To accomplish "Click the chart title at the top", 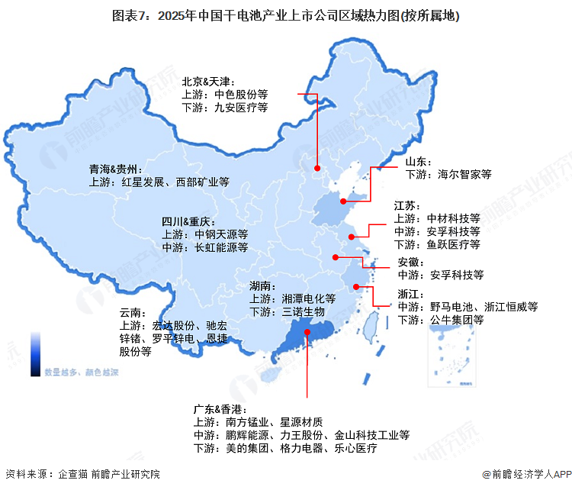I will pyautogui.click(x=286, y=15).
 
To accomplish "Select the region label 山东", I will pyautogui.click(x=418, y=161).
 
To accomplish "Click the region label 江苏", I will pyautogui.click(x=405, y=205).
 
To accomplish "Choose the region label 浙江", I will pyautogui.click(x=408, y=294).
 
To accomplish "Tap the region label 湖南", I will pyautogui.click(x=264, y=286).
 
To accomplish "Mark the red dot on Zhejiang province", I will pyautogui.click(x=356, y=287).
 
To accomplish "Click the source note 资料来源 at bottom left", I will pyautogui.click(x=82, y=474).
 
